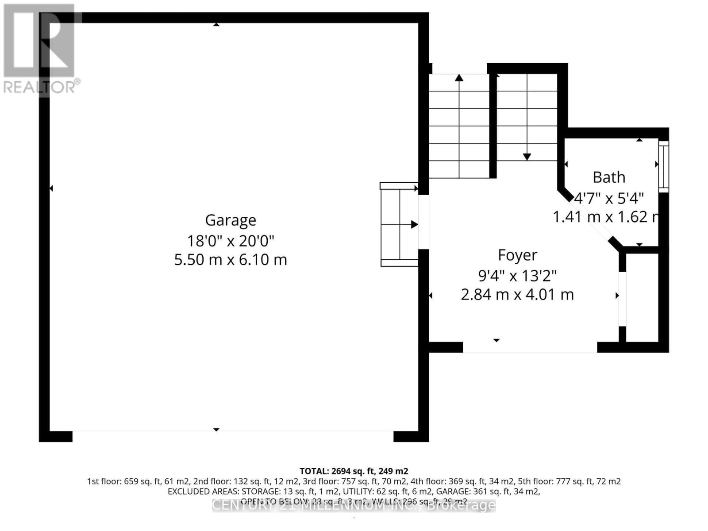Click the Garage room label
[231, 220]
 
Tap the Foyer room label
[517, 255]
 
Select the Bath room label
[609, 177]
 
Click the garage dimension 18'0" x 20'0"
[231, 241]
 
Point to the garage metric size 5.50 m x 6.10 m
[231, 259]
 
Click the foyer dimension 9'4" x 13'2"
[517, 276]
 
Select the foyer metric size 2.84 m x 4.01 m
[517, 294]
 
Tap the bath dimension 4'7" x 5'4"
[609, 198]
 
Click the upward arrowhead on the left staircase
[459, 78]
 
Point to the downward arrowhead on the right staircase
[527, 157]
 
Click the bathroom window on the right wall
[663, 166]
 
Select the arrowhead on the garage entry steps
[414, 224]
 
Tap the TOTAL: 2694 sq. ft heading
[354, 471]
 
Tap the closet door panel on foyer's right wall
[622, 299]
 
